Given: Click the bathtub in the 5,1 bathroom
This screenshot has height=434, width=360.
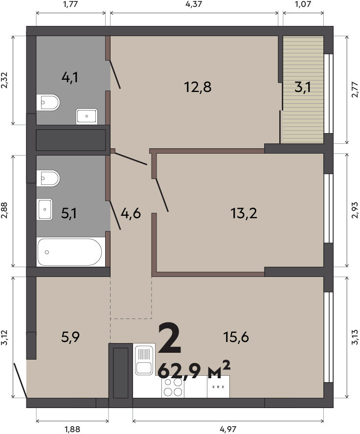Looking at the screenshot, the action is [69, 252].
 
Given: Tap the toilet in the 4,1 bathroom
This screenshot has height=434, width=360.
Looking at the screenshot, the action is [48, 102].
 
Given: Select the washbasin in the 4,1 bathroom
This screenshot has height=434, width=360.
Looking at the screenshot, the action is [87, 116].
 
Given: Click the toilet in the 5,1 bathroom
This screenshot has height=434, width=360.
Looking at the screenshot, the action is [48, 178].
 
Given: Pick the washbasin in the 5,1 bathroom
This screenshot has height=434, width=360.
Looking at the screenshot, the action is [45, 209].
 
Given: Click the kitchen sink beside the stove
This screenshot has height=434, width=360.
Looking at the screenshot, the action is [144, 359].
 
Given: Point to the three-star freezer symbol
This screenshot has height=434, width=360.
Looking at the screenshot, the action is [218, 387].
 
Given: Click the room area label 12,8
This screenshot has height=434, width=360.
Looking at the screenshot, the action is [198, 87].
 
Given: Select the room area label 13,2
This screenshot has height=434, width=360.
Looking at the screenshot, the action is [244, 213].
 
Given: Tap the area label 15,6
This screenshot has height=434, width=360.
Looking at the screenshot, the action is [236, 337].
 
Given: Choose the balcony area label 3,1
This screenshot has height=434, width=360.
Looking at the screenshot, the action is [303, 87].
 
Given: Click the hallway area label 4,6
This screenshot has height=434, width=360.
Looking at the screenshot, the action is [131, 214].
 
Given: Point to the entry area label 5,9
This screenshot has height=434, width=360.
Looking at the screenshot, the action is [70, 337].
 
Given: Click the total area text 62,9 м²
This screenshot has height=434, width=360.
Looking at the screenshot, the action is [194, 370].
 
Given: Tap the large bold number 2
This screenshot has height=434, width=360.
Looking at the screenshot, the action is [170, 338].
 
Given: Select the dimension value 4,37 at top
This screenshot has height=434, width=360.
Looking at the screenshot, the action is [194, 4].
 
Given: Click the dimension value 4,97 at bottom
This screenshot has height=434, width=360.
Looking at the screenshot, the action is [228, 429].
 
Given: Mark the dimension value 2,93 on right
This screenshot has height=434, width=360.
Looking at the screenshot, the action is [355, 210].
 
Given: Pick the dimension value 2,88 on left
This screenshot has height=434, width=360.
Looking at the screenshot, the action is [5, 211].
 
